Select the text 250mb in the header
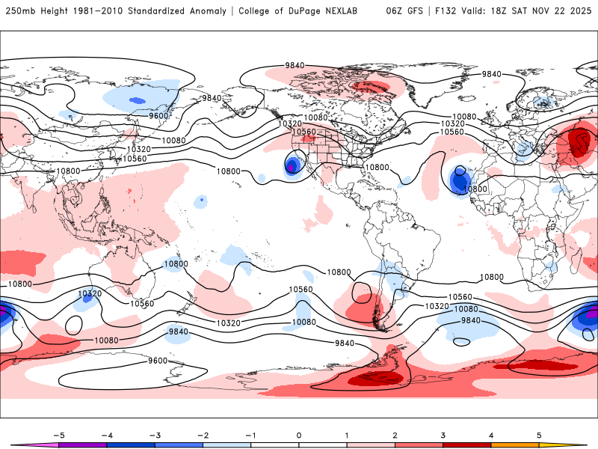click(x=19, y=11)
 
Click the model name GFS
click(x=413, y=11)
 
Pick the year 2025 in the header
click(x=580, y=11)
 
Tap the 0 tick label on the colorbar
click(x=299, y=435)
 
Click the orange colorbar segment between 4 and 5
click(x=516, y=445)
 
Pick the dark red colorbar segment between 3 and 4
click(x=467, y=445)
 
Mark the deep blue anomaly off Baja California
click(x=292, y=165)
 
